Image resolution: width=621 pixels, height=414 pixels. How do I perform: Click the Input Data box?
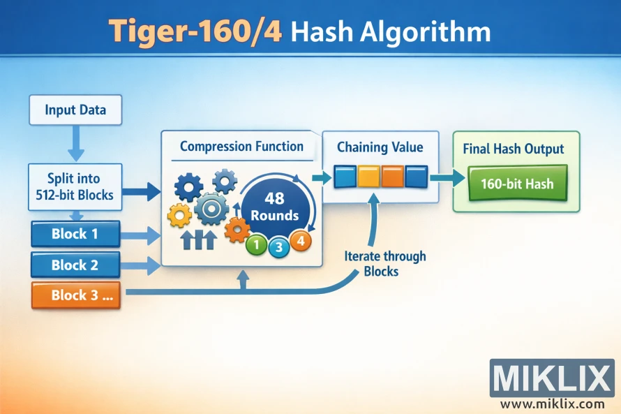point(75,111)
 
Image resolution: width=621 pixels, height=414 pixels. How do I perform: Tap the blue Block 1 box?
point(75,235)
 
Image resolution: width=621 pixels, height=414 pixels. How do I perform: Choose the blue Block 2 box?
point(75,265)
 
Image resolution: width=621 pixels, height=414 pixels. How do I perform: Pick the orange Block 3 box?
point(75,295)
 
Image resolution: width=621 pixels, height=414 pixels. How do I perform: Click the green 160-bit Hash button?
point(517,184)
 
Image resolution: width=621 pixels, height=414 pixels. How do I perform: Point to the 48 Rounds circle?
point(275,207)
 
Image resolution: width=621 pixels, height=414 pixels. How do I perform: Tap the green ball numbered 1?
point(257,245)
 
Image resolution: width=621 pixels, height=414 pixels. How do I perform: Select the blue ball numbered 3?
point(279,246)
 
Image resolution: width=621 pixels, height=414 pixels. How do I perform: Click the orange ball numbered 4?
point(300,241)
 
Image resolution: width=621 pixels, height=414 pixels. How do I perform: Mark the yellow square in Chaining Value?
point(368,176)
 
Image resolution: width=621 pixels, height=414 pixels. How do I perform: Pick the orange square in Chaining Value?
point(392,176)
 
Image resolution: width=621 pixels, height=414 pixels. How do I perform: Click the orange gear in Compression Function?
point(237,228)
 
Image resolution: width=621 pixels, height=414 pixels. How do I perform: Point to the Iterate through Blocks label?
point(384,264)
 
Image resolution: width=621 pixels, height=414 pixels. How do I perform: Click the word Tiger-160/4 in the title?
point(194,32)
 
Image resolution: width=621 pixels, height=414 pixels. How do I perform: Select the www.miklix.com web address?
point(552,404)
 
